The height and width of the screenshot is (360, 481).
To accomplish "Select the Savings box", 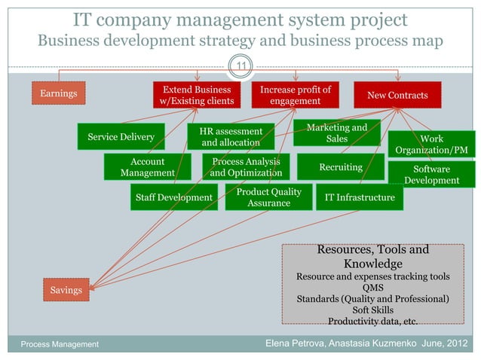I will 66,289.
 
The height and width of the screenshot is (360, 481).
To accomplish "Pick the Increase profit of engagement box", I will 295,95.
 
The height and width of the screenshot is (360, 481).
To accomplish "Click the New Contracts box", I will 397,95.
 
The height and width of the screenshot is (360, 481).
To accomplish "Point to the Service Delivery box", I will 121,137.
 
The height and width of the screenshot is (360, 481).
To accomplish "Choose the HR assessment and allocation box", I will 231,136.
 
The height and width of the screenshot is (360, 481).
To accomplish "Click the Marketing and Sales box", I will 336,133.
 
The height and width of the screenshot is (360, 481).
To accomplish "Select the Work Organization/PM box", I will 431,145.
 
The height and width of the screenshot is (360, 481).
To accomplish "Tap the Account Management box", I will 147,167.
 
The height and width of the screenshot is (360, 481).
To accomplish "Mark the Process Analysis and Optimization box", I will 246,167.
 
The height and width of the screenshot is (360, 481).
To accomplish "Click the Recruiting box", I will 341,166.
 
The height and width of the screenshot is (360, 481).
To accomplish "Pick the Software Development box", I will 431,175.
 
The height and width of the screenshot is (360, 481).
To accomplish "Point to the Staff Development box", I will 173,197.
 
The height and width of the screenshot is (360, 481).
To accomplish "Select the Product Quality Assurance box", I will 269,197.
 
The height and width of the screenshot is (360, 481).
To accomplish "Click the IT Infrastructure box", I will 360,197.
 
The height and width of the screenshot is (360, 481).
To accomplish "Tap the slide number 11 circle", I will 240,69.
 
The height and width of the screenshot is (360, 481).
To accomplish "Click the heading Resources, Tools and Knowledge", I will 372,256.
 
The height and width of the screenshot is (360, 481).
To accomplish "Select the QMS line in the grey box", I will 372,287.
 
